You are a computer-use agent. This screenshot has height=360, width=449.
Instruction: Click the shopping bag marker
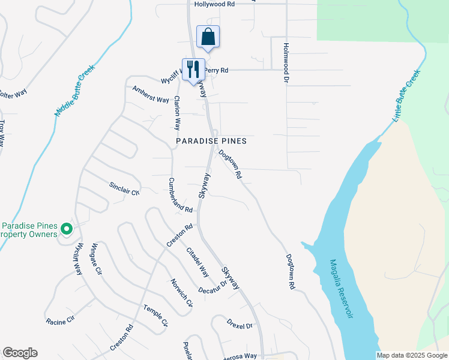(208, 37)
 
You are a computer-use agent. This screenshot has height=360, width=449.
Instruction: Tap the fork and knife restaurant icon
(193, 69)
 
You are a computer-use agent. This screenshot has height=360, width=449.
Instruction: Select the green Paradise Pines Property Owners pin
(67, 229)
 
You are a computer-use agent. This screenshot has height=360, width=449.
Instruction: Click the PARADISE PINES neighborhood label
(211, 141)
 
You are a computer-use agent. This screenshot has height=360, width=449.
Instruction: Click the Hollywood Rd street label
(214, 4)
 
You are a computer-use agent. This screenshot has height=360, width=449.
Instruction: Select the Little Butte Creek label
(406, 97)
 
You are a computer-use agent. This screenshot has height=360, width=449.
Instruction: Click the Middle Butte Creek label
(76, 91)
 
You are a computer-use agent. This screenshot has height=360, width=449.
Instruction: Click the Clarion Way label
(177, 113)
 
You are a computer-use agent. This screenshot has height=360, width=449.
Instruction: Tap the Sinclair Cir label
(124, 189)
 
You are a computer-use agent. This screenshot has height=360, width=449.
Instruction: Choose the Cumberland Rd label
(180, 196)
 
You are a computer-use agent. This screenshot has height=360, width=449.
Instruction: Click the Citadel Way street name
(197, 262)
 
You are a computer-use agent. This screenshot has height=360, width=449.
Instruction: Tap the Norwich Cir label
(181, 293)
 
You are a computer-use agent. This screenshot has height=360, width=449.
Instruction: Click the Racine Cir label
(60, 319)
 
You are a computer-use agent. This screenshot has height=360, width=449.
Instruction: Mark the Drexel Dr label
(240, 325)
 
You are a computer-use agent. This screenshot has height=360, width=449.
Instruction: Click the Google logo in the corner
(20, 353)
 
